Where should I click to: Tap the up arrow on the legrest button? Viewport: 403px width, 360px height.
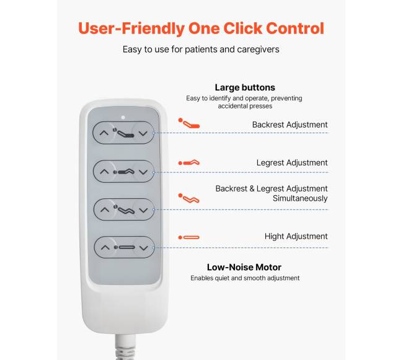(104, 172)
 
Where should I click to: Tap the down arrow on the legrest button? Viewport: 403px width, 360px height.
(143, 172)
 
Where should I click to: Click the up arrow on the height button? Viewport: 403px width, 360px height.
(105, 247)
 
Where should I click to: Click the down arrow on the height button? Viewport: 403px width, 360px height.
(143, 248)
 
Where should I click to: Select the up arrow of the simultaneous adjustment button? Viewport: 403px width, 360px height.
(105, 210)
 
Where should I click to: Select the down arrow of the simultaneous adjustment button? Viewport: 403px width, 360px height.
(143, 210)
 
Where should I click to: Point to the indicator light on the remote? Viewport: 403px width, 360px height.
(123, 117)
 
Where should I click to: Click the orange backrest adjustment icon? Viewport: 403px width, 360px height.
(189, 123)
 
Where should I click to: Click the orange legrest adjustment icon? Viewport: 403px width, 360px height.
(189, 162)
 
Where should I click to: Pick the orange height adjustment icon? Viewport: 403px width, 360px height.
(189, 237)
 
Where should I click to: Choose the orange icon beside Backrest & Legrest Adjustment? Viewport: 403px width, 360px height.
(189, 198)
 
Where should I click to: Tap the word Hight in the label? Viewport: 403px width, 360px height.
(274, 237)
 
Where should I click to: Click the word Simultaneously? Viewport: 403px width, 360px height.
(300, 198)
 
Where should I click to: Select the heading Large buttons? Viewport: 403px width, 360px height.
(245, 87)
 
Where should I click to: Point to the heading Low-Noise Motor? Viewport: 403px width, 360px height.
(244, 267)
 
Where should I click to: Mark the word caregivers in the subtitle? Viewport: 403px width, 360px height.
(258, 50)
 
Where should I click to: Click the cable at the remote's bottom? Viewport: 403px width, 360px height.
(125, 346)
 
